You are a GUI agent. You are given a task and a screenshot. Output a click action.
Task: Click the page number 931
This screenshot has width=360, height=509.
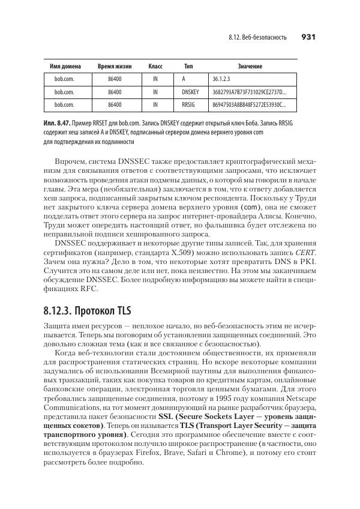click(x=308, y=37)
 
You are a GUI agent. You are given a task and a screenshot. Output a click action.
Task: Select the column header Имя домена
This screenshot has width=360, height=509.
click(x=64, y=65)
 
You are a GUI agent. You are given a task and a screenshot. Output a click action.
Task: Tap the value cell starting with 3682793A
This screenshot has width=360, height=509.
click(x=249, y=92)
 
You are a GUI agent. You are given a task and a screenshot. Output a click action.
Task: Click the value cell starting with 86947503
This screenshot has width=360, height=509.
click(x=249, y=105)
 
